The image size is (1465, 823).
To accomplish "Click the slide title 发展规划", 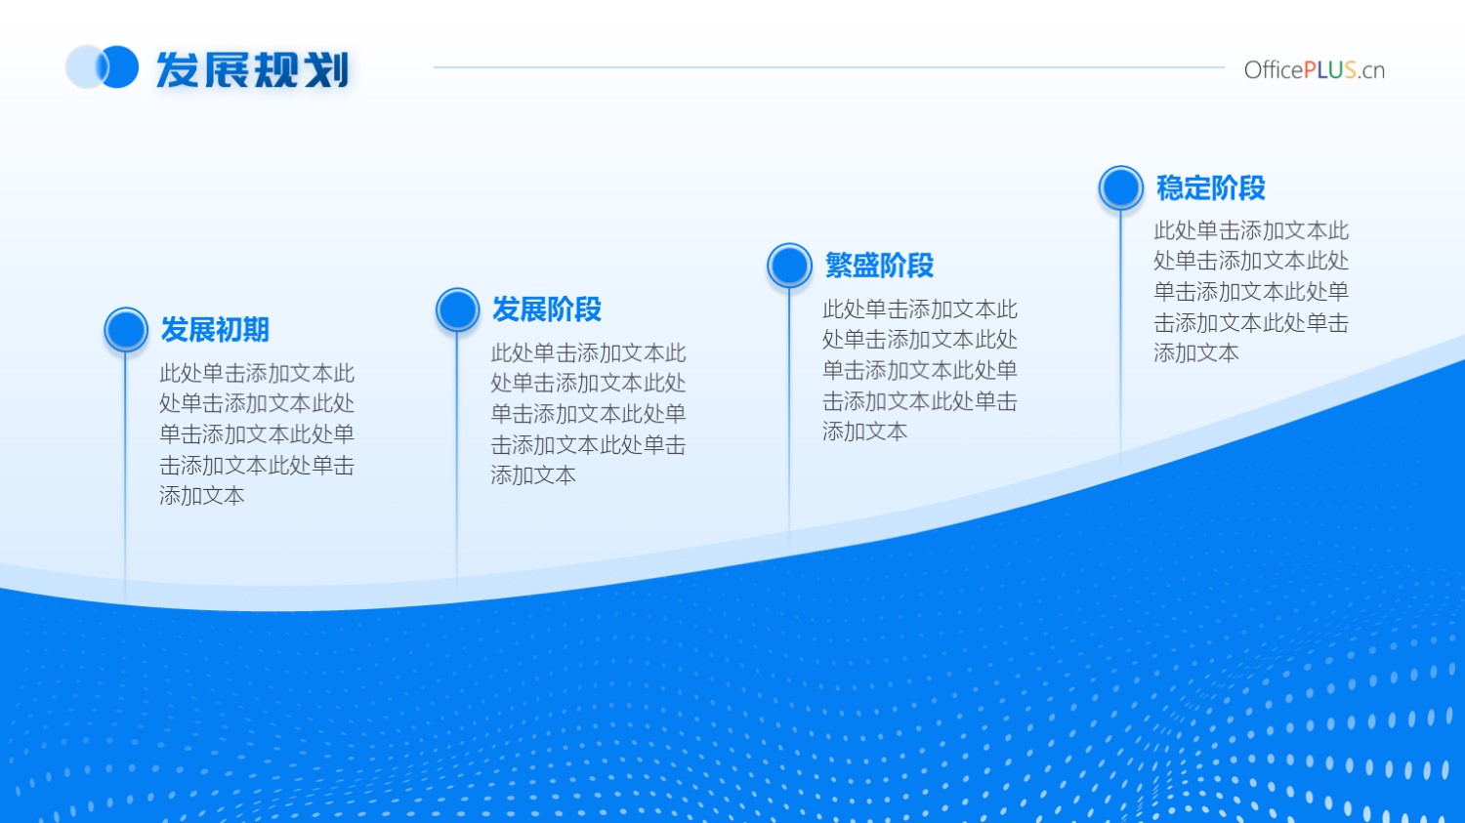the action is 252,69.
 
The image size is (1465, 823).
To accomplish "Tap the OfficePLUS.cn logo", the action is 1314,70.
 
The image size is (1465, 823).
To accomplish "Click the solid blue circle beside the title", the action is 120,66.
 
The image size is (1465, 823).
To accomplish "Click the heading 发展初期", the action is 215,329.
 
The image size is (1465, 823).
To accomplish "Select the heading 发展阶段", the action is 547,309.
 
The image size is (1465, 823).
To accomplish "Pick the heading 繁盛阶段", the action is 879,266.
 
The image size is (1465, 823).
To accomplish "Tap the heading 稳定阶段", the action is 1211,187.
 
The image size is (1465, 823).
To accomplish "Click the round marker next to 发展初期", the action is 126,329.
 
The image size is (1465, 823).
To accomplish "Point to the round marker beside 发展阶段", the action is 458,309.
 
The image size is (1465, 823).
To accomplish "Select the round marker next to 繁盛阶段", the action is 789,266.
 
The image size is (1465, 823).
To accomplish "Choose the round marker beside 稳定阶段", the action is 1121,187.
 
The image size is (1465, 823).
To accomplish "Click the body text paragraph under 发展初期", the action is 257,434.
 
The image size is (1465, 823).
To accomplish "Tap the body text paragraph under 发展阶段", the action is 589,415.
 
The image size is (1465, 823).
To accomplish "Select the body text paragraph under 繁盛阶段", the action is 920,370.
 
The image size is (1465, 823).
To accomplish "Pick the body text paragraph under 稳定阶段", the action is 1251,292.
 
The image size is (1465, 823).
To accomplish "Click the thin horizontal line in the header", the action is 828,66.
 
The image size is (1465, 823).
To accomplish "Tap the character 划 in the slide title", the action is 327,69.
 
